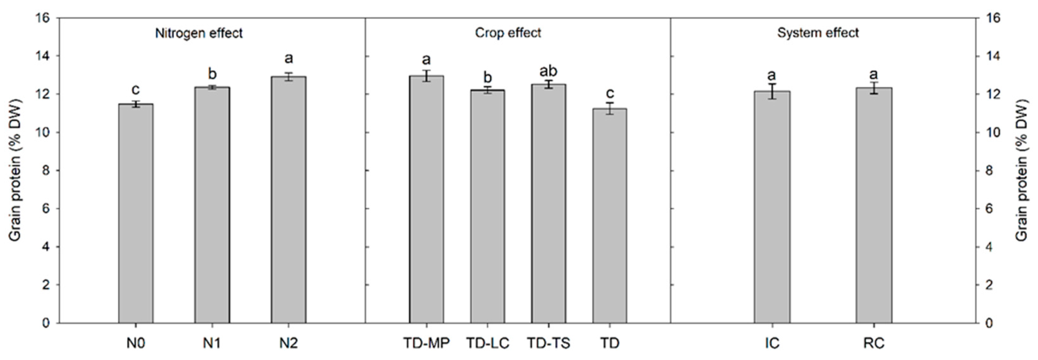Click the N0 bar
pyautogui.click(x=136, y=214)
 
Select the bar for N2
pyautogui.click(x=289, y=200)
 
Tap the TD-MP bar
pyautogui.click(x=426, y=200)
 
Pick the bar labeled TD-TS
pyautogui.click(x=548, y=204)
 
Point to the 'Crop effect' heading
pyautogui.click(x=508, y=33)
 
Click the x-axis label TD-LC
pyautogui.click(x=487, y=343)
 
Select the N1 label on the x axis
pyautogui.click(x=212, y=343)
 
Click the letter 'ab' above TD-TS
pyautogui.click(x=548, y=71)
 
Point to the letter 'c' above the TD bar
pyautogui.click(x=610, y=93)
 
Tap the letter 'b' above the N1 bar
pyautogui.click(x=212, y=74)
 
